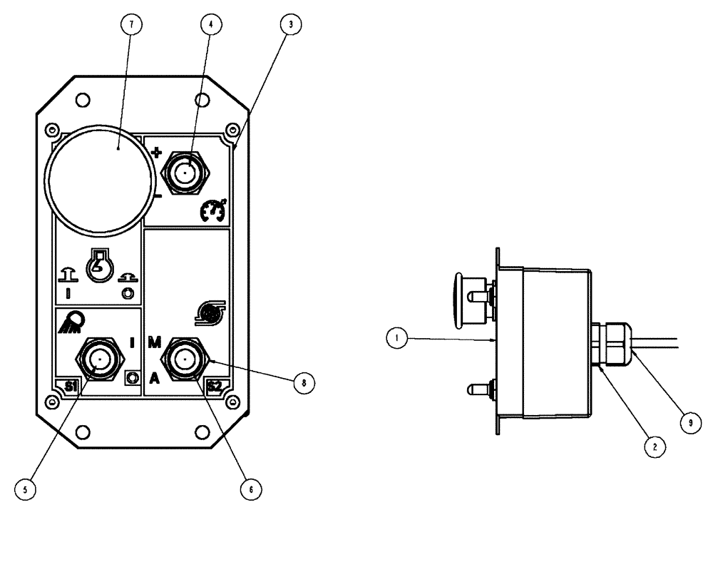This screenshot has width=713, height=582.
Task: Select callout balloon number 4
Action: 208,24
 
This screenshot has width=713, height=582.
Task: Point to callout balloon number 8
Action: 304,382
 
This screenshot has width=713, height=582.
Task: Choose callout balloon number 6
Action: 250,489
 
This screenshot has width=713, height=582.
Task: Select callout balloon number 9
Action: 689,422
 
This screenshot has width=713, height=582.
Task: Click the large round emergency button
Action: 99,183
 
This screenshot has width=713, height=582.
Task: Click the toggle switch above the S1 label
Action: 99,359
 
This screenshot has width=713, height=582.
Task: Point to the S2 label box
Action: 215,386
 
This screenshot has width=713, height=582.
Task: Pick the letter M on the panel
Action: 155,342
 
